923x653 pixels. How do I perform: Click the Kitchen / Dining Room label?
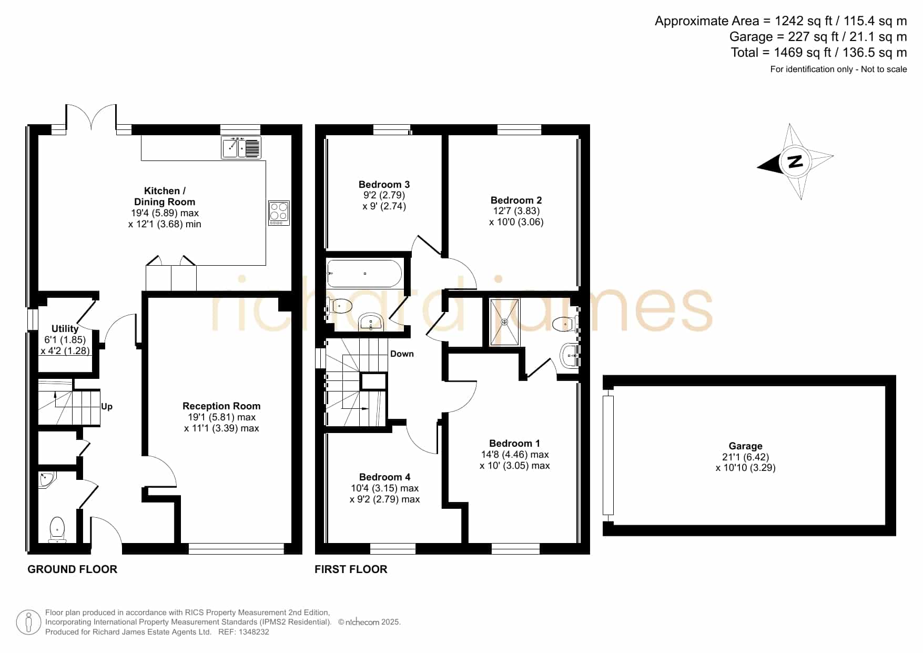click(x=165, y=196)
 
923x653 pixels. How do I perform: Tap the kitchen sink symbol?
click(x=241, y=147)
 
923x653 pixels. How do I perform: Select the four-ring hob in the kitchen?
click(x=279, y=213)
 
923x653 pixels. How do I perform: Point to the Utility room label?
click(x=65, y=328)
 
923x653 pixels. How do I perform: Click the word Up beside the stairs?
click(x=107, y=406)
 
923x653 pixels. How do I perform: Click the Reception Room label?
click(x=221, y=406)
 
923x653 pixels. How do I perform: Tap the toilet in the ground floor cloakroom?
click(x=57, y=529)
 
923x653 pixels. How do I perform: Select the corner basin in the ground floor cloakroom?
click(x=46, y=480)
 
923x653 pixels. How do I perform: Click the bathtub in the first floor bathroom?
click(x=364, y=274)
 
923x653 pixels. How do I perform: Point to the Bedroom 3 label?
click(x=384, y=184)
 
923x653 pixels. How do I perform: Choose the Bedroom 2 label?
click(x=516, y=200)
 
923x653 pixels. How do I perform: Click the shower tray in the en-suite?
click(x=505, y=322)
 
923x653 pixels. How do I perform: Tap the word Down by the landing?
click(x=402, y=354)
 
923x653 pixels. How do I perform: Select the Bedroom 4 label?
click(x=384, y=477)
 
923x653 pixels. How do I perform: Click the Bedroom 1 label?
click(x=514, y=443)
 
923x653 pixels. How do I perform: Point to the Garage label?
click(x=745, y=446)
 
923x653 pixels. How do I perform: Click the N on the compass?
click(x=795, y=161)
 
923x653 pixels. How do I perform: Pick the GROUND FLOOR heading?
click(x=72, y=569)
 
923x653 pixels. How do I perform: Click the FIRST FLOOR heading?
click(x=351, y=569)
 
